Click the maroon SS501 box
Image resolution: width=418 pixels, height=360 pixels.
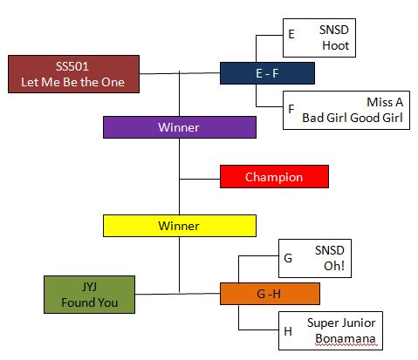(x=73, y=74)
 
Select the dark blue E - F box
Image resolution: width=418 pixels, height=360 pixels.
(x=267, y=73)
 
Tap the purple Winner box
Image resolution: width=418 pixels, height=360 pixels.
(x=180, y=127)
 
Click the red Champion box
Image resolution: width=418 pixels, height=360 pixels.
(x=274, y=177)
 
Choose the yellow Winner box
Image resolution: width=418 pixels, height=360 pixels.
(x=180, y=226)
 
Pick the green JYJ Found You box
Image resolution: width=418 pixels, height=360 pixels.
(x=89, y=295)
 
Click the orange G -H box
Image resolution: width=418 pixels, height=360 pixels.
(x=270, y=294)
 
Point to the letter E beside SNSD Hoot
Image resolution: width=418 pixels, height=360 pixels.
(x=291, y=34)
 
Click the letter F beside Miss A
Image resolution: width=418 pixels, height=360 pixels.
(x=291, y=109)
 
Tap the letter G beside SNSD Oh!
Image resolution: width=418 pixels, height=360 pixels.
(x=288, y=258)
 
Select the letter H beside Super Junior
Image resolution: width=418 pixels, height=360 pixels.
(x=288, y=331)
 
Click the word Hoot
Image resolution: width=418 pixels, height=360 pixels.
(x=336, y=45)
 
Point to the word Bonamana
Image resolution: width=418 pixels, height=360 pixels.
(x=346, y=338)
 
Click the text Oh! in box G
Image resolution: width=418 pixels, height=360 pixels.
(x=334, y=266)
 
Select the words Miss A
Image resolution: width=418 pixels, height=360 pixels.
(x=385, y=102)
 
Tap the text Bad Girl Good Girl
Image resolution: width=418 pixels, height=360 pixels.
(x=353, y=118)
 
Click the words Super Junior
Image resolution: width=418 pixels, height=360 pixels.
(x=341, y=323)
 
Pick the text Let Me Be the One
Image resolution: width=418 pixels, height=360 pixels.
(x=72, y=82)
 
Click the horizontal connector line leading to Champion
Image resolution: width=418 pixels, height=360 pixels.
(x=200, y=179)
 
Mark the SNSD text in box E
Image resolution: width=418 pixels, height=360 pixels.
(x=334, y=30)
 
